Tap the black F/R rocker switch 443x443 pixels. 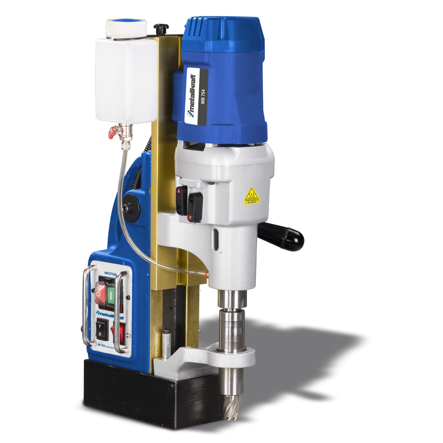[x=102, y=330]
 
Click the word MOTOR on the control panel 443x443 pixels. [x=110, y=274]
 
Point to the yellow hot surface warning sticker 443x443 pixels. [x=252, y=196]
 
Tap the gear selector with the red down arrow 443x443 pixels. [x=195, y=208]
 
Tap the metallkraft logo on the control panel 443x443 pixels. [x=110, y=314]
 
